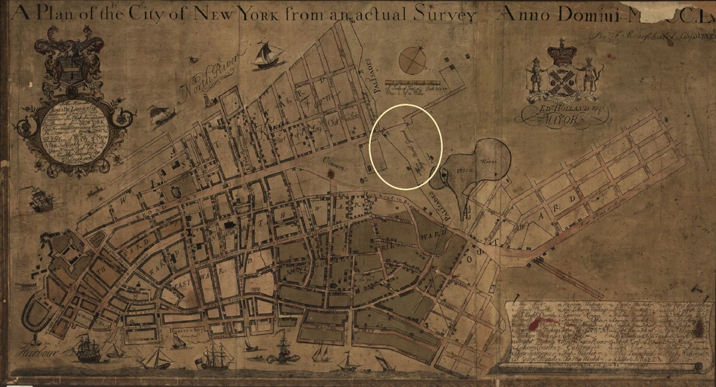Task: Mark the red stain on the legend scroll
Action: point(699,330)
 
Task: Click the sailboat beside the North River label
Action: point(268,56)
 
